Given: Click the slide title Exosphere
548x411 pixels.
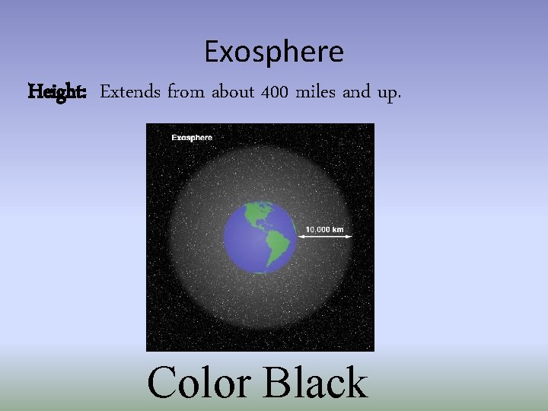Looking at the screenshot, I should pos(274,52).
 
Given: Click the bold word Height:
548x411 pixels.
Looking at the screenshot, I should pos(58,92).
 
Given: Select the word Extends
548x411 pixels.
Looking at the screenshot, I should pos(130,92).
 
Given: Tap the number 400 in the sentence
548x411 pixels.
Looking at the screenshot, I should pos(273,92).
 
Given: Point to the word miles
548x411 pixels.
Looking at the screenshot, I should pos(314,92).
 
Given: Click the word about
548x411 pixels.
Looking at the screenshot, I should pos(232,92).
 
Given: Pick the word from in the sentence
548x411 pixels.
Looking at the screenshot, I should pos(186,92).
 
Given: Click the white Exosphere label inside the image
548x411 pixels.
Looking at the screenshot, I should pos(192,138).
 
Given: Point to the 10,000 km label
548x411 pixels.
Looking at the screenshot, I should pos(325,228).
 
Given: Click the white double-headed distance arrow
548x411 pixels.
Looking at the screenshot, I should pos(325,237).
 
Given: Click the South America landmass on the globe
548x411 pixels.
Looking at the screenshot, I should pos(277,246).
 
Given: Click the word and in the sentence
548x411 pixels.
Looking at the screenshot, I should pos(355,92).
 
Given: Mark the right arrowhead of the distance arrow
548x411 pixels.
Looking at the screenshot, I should pos(350,237).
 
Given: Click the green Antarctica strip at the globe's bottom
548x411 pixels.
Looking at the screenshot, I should pos(261,271).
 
